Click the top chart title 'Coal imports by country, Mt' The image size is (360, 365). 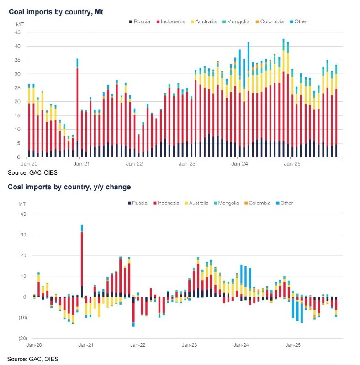(x=56, y=11)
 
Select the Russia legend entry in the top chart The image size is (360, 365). (x=142, y=21)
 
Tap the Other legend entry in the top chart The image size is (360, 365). (x=298, y=21)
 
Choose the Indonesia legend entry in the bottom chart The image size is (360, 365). (x=171, y=203)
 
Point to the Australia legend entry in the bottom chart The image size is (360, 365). (x=198, y=203)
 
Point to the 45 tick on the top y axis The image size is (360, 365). (x=17, y=32)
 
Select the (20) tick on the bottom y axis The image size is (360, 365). (x=22, y=339)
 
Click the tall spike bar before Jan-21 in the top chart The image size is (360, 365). (x=77, y=109)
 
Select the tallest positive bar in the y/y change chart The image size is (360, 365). (x=82, y=260)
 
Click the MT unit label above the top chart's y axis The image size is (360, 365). (x=20, y=24)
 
